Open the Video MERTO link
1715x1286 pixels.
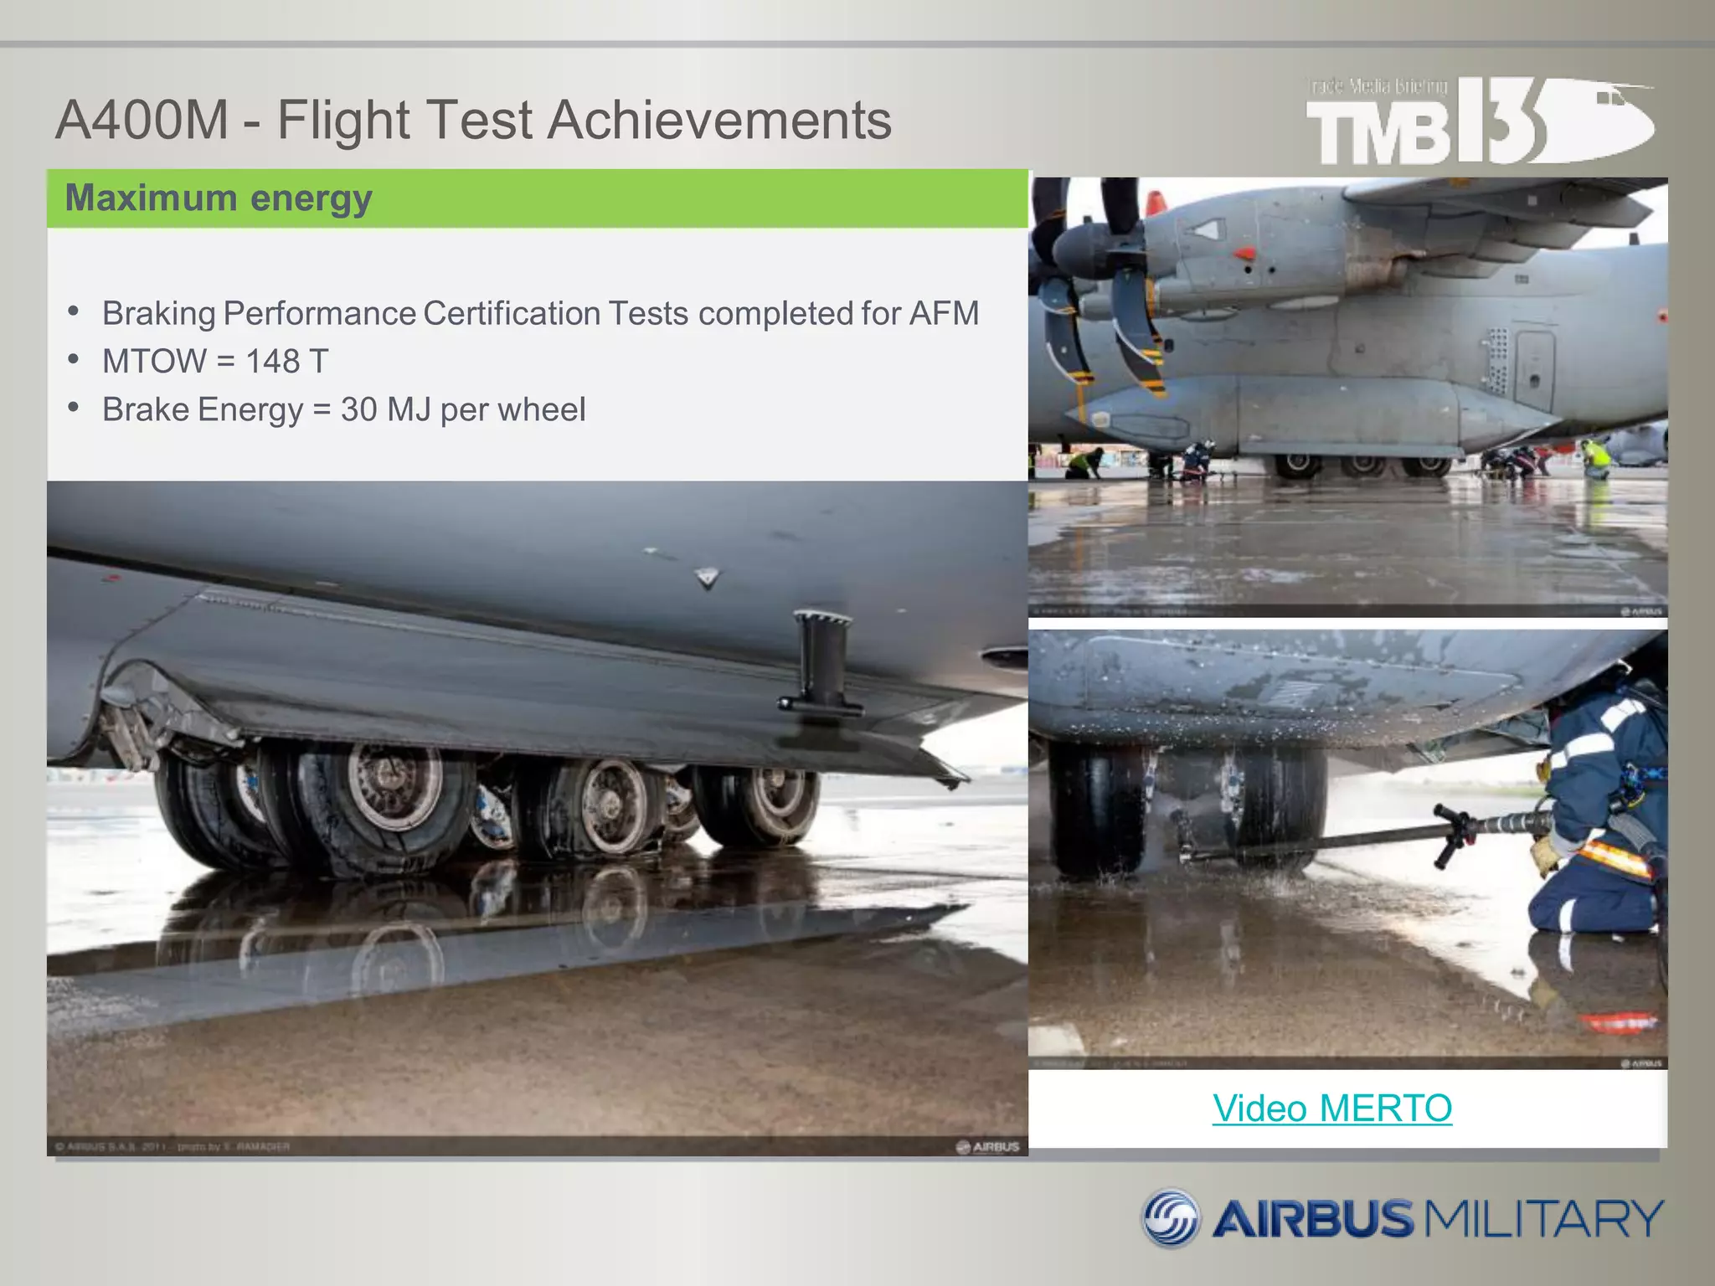(1331, 1109)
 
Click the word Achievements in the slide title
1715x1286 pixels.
(719, 120)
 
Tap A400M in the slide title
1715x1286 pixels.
(142, 120)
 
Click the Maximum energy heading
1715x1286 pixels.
(219, 198)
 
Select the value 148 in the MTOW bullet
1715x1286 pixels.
(272, 362)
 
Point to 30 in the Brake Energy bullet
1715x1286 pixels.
(358, 410)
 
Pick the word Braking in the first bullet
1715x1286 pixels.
(159, 314)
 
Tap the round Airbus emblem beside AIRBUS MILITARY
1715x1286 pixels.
(1172, 1217)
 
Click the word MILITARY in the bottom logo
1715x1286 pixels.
(1544, 1218)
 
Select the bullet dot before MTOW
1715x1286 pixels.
(75, 360)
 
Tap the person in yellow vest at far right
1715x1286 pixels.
(1596, 457)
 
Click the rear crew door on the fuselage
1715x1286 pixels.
(1534, 369)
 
